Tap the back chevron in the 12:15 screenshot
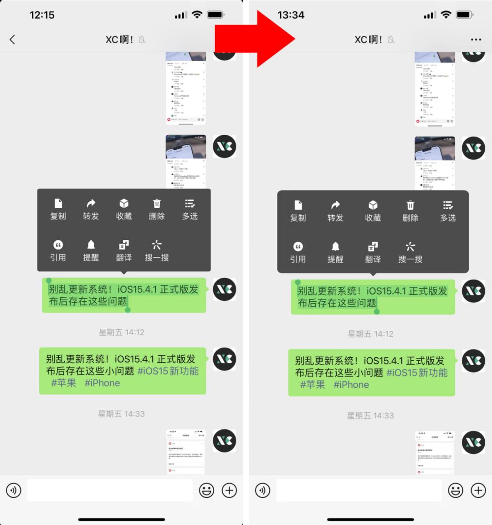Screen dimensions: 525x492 [x=12, y=40]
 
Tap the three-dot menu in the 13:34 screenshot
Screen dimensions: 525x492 [x=476, y=40]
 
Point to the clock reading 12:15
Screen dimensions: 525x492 [x=42, y=15]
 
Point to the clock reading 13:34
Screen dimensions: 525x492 [x=291, y=15]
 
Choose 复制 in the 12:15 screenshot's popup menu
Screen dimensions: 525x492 [x=58, y=209]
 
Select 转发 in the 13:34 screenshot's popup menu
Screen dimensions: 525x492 [x=335, y=211]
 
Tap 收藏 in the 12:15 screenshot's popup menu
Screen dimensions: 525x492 [x=124, y=209]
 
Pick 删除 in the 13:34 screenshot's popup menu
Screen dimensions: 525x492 [x=410, y=211]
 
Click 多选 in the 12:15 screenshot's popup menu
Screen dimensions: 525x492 [x=190, y=209]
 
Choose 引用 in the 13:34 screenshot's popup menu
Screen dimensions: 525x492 [x=298, y=253]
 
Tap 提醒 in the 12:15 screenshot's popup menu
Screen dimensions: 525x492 [x=91, y=251]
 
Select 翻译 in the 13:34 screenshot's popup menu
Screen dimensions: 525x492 [x=373, y=253]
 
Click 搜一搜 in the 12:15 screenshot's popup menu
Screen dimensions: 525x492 [x=157, y=251]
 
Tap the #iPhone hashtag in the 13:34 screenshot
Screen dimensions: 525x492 [x=351, y=385]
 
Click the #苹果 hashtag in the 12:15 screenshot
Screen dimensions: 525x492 [x=63, y=383]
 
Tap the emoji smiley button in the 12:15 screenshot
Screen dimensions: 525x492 [x=206, y=490]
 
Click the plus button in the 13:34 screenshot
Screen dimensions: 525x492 [x=478, y=490]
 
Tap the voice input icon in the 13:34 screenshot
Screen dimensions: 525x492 [x=263, y=490]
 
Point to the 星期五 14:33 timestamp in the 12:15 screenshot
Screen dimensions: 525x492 [x=122, y=414]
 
